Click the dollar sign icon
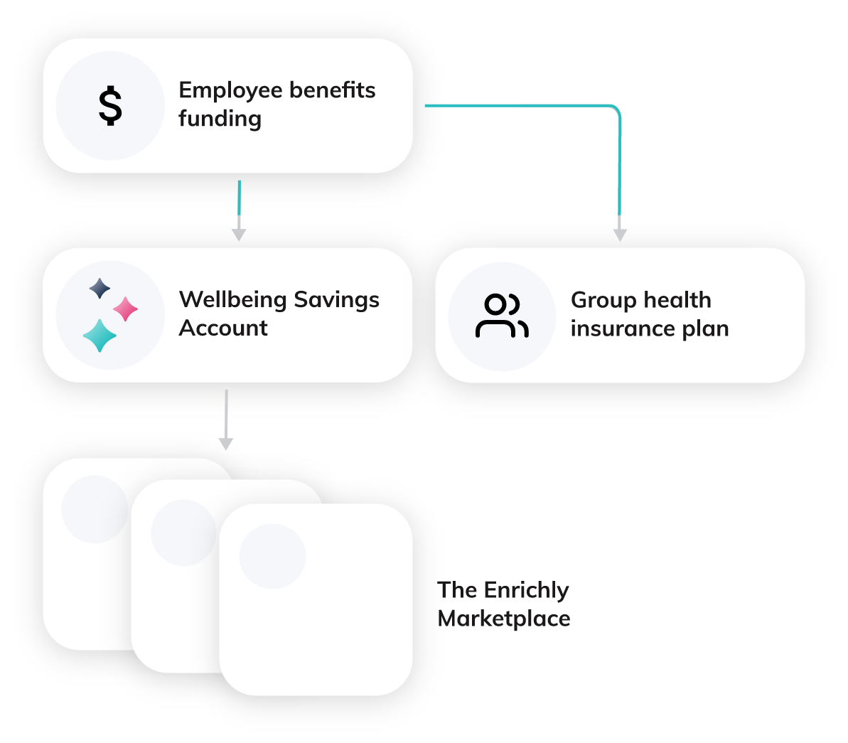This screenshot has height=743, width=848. [110, 106]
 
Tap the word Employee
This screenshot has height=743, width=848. [227, 91]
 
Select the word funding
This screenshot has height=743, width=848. [220, 119]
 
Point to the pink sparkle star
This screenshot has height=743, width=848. [126, 309]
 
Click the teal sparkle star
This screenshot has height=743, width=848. [100, 336]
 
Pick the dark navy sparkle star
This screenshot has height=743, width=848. [100, 288]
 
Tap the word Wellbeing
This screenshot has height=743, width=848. [232, 299]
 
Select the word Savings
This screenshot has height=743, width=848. [336, 300]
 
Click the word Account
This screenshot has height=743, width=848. [223, 328]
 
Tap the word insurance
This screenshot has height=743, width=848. [623, 328]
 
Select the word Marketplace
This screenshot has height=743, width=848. [504, 619]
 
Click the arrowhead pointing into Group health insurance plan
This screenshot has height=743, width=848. [620, 235]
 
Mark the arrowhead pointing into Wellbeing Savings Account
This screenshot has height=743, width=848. [239, 235]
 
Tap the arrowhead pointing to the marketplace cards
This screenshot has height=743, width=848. [226, 444]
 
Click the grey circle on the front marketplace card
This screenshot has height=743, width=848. [272, 556]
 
